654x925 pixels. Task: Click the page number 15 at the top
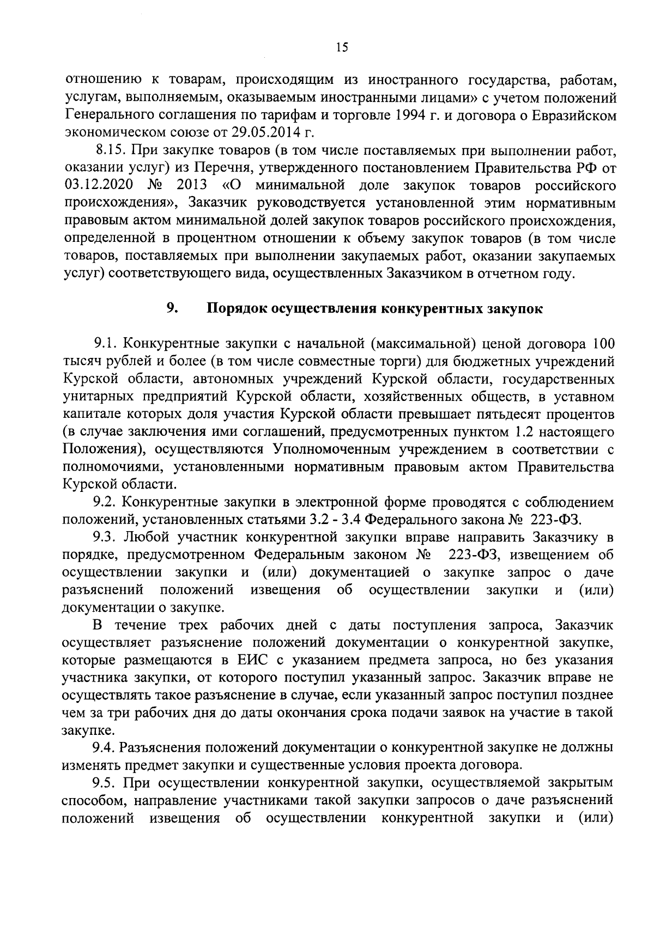coord(342,47)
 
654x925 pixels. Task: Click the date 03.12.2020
coord(95,185)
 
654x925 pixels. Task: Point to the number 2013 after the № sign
coord(193,185)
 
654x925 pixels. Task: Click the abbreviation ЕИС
coord(252,660)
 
